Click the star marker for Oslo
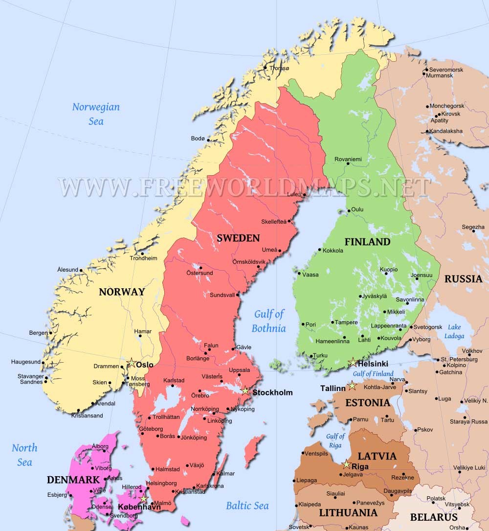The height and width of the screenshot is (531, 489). (x=131, y=363)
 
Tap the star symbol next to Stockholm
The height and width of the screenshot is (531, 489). (x=245, y=391)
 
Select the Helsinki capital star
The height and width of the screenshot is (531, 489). (x=353, y=363)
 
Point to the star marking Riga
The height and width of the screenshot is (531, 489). (x=347, y=464)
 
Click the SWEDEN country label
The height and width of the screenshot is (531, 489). (x=238, y=238)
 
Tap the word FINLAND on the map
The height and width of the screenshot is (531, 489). (x=367, y=242)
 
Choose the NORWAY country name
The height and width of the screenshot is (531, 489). (x=122, y=292)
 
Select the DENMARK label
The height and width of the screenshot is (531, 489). (x=73, y=480)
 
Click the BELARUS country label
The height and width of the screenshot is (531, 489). (x=433, y=517)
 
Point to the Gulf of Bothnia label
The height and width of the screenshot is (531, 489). (x=268, y=321)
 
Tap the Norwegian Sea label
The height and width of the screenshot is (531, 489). (x=96, y=114)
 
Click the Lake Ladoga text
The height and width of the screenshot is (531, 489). (x=454, y=331)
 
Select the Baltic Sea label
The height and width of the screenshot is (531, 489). (x=247, y=506)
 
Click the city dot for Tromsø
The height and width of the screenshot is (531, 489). (x=265, y=68)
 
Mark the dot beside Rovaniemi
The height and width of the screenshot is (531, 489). (x=348, y=164)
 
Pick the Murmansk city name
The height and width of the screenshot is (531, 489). (x=439, y=76)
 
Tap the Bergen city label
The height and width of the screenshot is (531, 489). (x=38, y=333)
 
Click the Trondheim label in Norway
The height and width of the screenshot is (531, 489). (x=144, y=258)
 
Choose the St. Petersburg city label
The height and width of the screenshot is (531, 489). (x=459, y=359)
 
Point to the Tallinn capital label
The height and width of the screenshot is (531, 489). (x=333, y=388)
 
